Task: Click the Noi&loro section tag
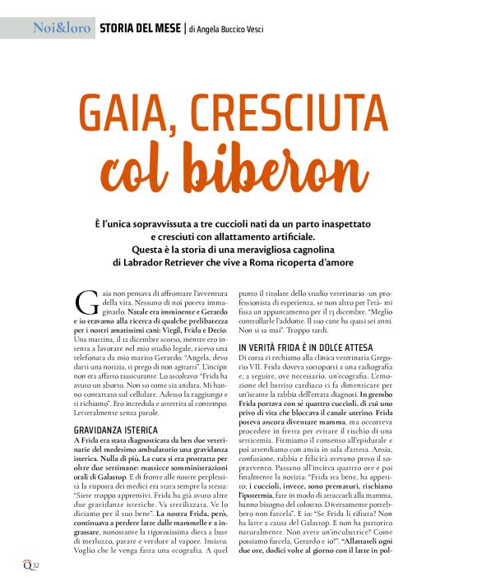(61, 29)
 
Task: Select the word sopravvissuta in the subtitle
(188, 223)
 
